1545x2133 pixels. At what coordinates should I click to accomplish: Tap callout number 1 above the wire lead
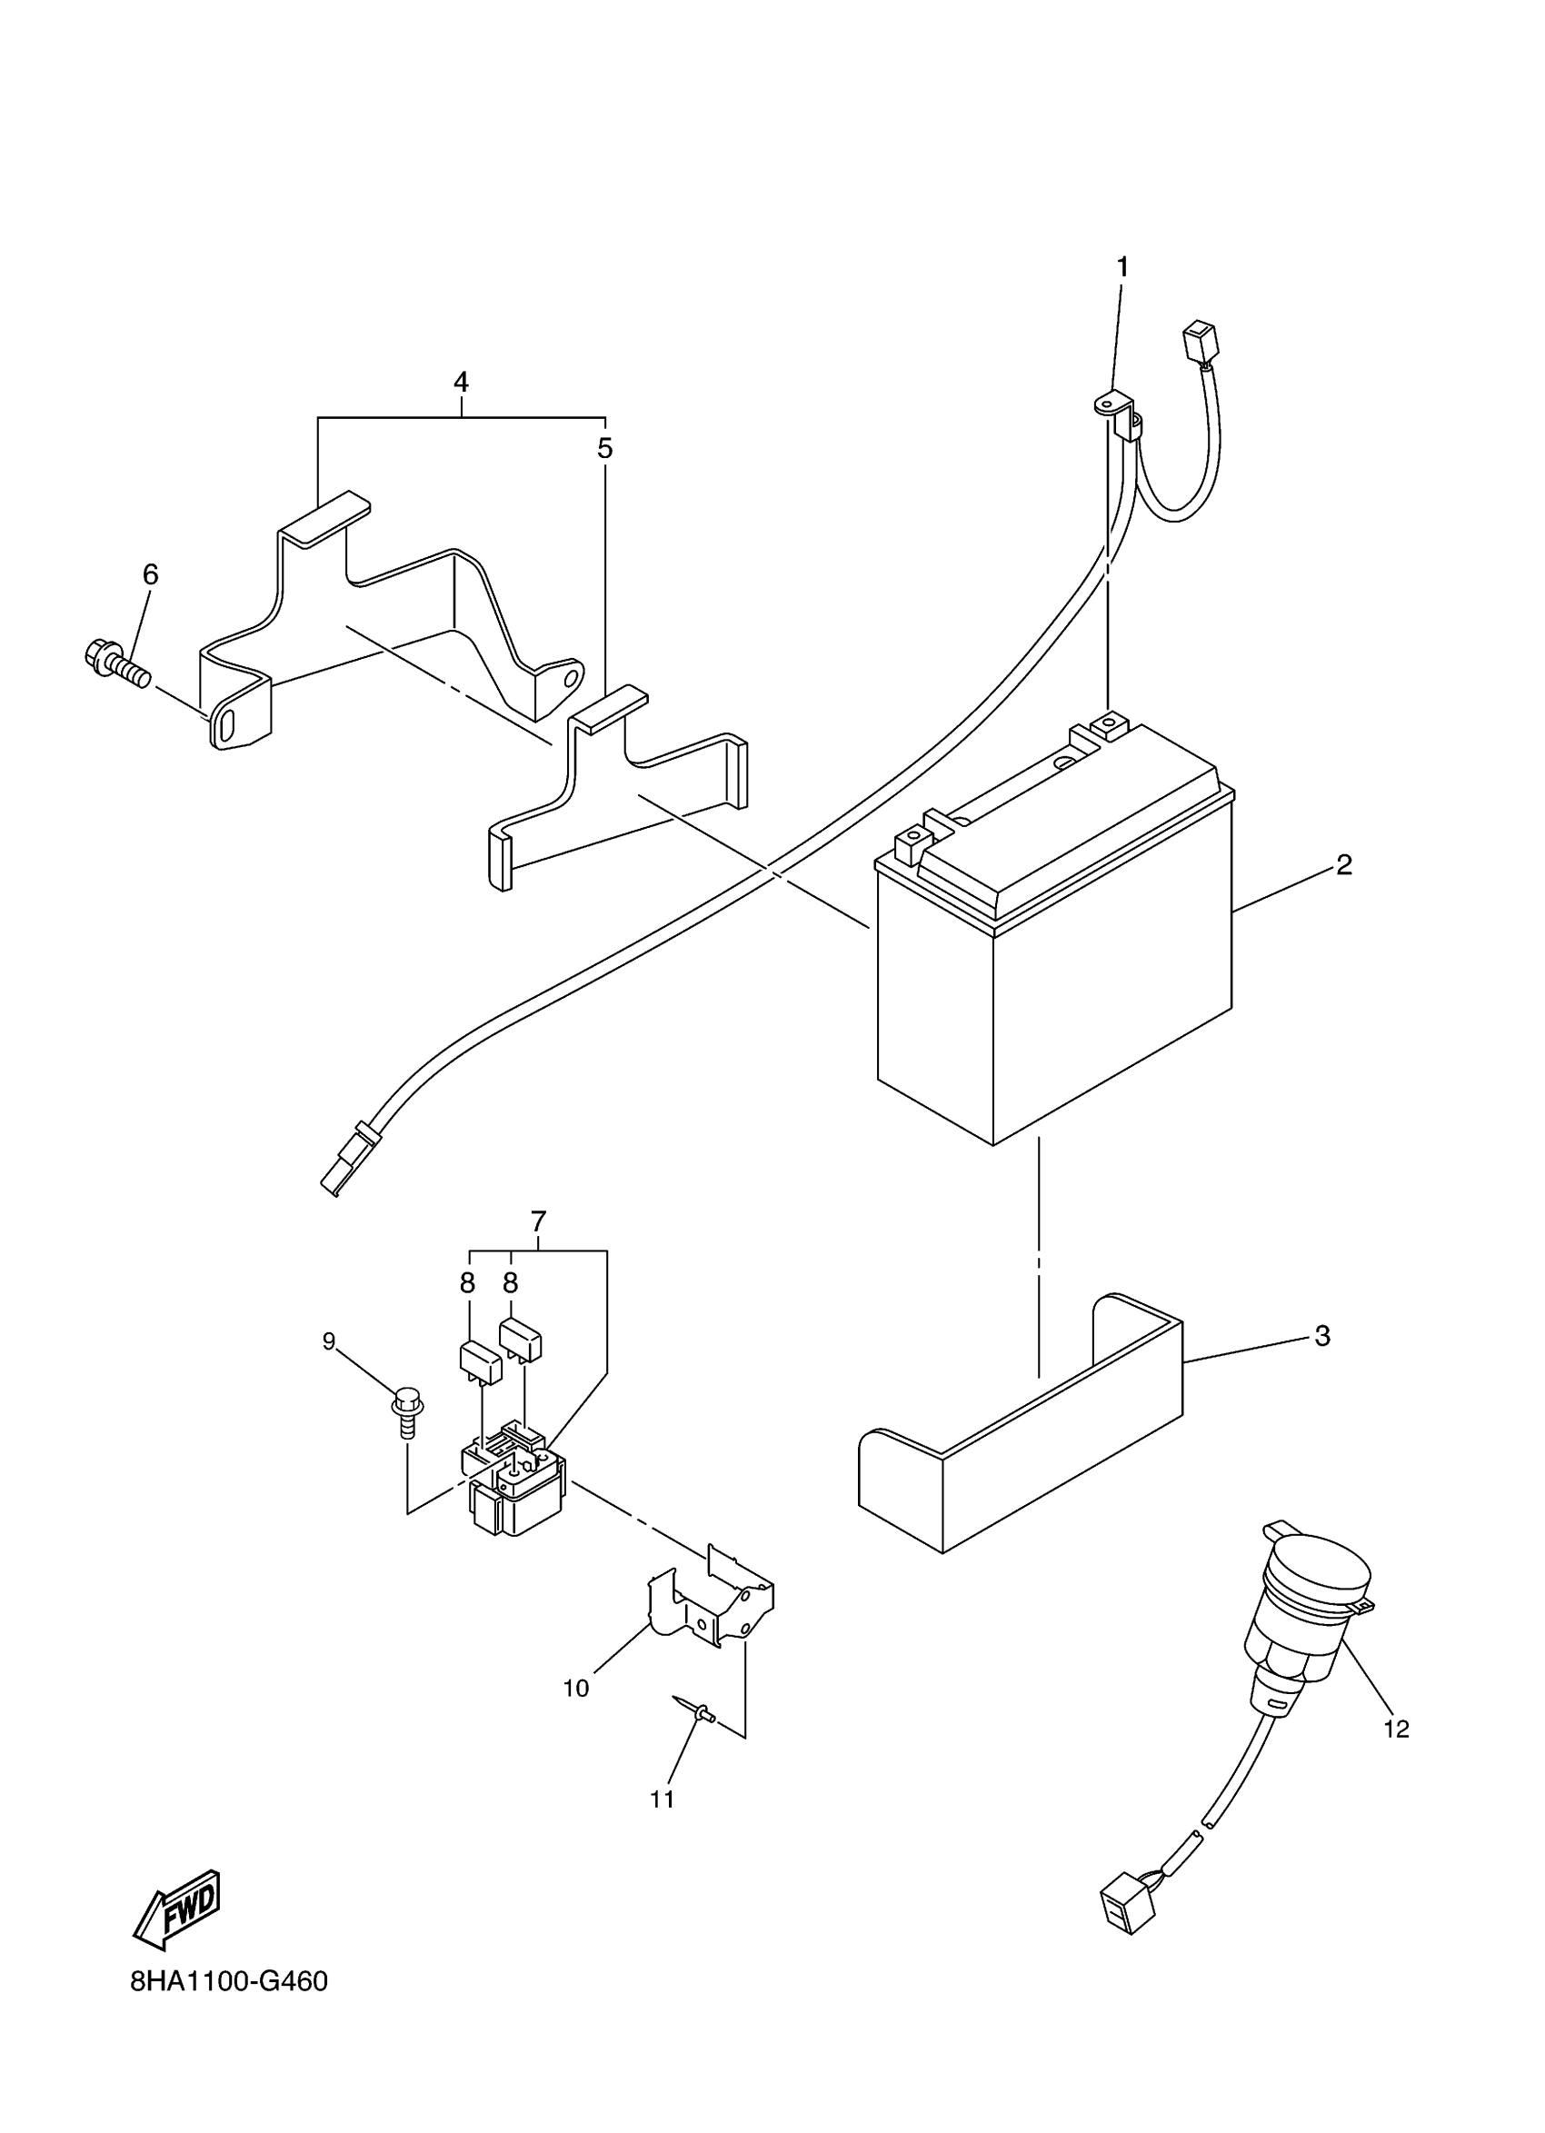point(1121,268)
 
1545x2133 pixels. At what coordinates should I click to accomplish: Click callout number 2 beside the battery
point(1344,865)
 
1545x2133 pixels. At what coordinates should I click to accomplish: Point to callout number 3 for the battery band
point(1322,1335)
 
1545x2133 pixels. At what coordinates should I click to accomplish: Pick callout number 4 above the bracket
point(461,382)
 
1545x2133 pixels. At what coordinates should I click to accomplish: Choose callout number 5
point(604,449)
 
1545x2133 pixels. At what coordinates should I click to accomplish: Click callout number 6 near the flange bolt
point(151,573)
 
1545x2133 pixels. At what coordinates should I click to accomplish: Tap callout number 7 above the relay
point(538,1221)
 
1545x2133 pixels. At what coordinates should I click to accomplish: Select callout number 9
point(329,1342)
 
